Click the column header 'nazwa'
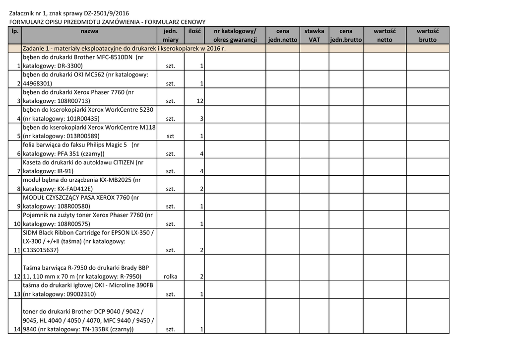tap(89, 31)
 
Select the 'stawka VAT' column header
tap(314, 35)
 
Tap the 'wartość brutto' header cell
tap(427, 35)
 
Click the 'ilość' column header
tap(194, 31)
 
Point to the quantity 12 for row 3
tap(200, 101)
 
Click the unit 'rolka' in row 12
tap(170, 277)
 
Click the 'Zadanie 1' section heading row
tap(124, 49)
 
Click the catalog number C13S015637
tap(41, 250)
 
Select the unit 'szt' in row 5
tap(170, 137)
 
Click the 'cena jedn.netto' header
tap(282, 35)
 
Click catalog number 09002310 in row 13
tap(77, 294)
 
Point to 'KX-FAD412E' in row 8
tap(74, 189)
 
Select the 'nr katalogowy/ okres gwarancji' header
tap(235, 35)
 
